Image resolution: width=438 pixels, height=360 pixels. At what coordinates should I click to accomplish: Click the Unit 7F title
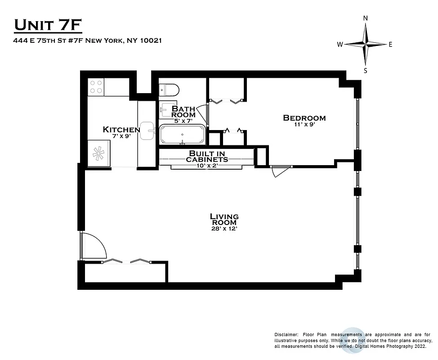(48, 26)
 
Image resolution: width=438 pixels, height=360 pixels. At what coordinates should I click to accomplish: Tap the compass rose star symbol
(366, 44)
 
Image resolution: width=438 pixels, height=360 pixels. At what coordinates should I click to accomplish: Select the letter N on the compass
(366, 18)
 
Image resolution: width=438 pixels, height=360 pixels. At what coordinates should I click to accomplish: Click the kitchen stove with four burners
(96, 86)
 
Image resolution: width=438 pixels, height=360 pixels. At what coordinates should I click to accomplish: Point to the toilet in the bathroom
(169, 90)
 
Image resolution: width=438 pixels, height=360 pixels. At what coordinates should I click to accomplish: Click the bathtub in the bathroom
(182, 135)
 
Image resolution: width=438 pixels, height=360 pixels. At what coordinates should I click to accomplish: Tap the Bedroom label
(304, 118)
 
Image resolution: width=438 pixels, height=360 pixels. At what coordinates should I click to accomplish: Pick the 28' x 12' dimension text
(224, 229)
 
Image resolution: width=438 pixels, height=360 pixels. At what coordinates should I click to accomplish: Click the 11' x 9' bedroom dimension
(304, 125)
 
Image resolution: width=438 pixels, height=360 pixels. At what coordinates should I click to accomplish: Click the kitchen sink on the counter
(147, 131)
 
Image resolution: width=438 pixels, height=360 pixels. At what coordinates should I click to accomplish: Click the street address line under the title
(88, 40)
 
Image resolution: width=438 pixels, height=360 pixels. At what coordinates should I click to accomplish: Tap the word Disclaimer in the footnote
(286, 335)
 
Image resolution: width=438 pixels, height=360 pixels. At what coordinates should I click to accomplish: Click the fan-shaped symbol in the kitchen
(98, 153)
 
